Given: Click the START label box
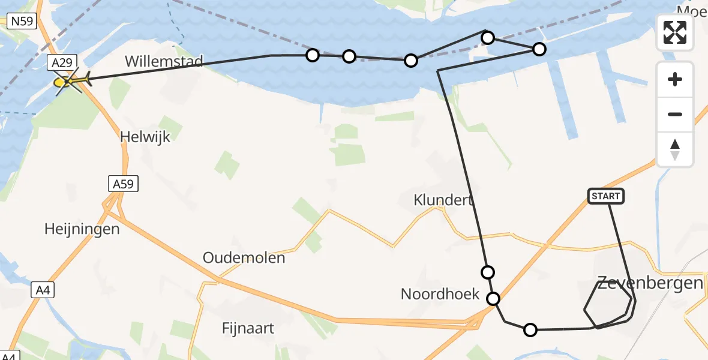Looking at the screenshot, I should coord(606,196).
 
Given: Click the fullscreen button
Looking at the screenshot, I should coord(675,32).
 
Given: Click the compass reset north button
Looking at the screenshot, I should coord(675,149).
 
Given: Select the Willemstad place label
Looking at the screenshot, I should coord(164,61).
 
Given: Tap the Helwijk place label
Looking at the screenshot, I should coord(145,137).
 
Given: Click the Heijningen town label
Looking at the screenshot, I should coord(82,229).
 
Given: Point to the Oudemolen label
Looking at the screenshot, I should coord(244,258).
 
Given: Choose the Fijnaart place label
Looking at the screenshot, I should coord(248,328).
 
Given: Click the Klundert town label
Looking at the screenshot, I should coord(444,200).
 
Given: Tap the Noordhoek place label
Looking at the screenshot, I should coord(440,294).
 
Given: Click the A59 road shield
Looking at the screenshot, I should coord(124,184).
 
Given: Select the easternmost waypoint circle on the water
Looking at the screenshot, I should coord(539,49).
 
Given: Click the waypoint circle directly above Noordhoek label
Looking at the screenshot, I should coord(488,272).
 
